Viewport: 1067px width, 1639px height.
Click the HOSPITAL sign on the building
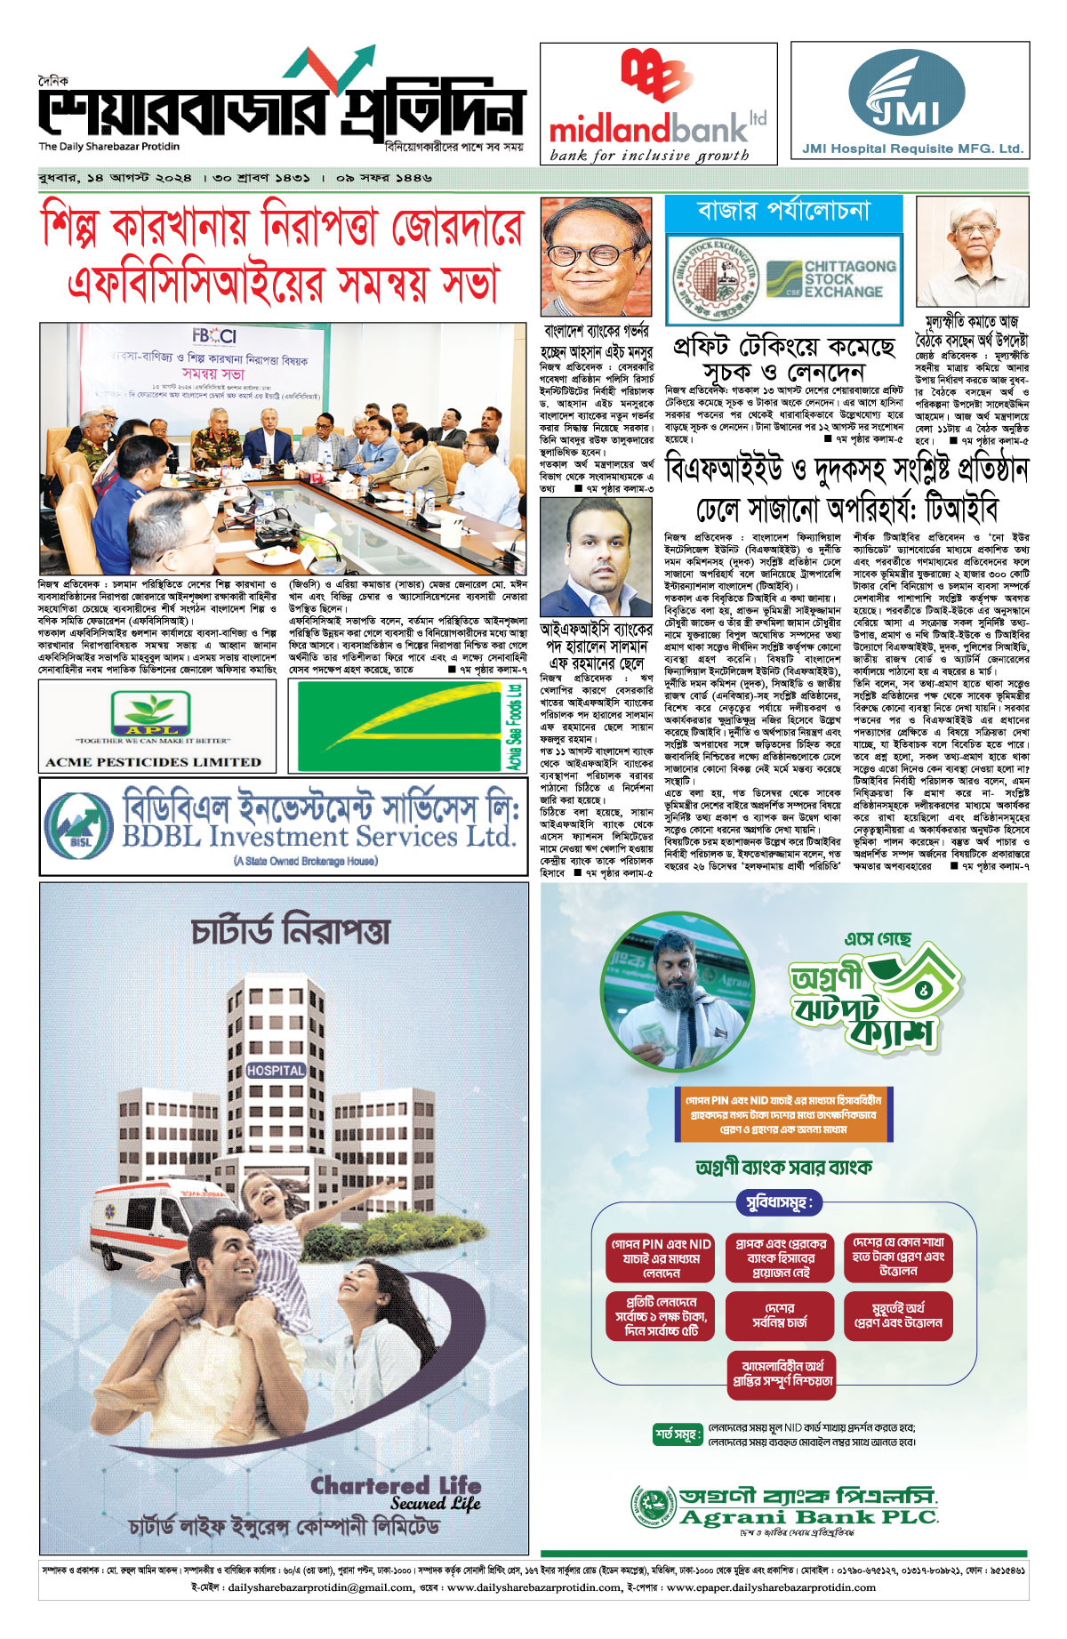click(x=275, y=1071)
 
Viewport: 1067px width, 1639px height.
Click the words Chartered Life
click(x=396, y=1486)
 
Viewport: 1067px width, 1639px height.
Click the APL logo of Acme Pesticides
click(x=150, y=712)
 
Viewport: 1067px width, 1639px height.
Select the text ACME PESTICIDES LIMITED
click(x=153, y=762)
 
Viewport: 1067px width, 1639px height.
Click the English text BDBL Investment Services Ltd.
click(x=319, y=837)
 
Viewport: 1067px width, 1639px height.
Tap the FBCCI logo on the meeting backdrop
click(x=214, y=336)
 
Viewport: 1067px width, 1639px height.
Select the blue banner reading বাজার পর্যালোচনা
click(x=783, y=212)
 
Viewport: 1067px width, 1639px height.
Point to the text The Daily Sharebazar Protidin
click(x=108, y=147)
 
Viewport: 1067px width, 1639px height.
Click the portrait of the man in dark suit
click(x=596, y=557)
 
